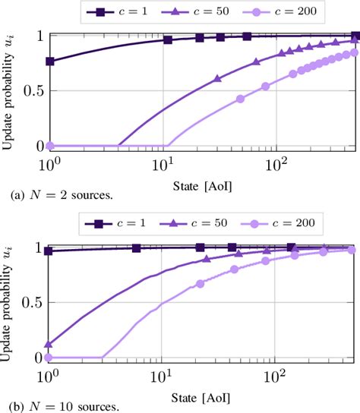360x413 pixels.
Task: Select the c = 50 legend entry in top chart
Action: pos(205,11)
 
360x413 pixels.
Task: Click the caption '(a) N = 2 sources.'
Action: pos(58,196)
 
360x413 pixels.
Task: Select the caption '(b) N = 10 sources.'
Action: pos(62,406)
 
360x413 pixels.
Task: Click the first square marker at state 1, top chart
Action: pos(50,61)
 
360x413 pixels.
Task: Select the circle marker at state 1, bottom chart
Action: pos(50,357)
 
